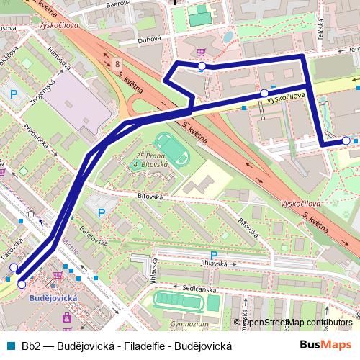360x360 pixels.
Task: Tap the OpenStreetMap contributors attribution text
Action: coord(298,322)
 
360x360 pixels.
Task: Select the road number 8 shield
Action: coord(117,64)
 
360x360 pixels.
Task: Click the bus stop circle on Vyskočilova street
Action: coord(264,94)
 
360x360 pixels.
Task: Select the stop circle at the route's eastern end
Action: coord(346,141)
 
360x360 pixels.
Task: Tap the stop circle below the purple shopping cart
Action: coord(202,66)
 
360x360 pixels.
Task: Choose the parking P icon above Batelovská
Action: coord(101,212)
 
